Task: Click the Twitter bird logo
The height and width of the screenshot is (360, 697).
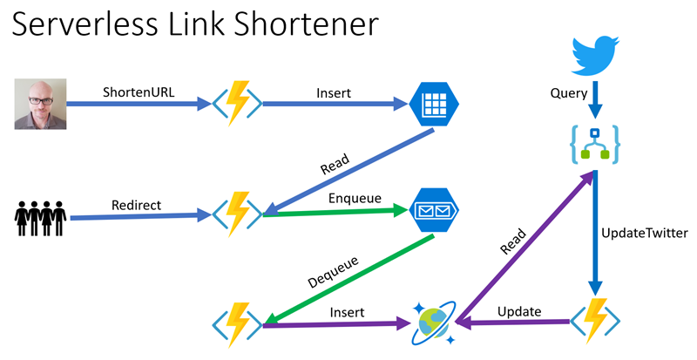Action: [595, 56]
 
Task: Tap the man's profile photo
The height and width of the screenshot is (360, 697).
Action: [41, 104]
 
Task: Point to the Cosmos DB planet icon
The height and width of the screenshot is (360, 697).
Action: [434, 323]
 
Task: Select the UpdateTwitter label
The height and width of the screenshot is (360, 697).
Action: [645, 234]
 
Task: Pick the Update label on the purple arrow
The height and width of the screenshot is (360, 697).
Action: [519, 311]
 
